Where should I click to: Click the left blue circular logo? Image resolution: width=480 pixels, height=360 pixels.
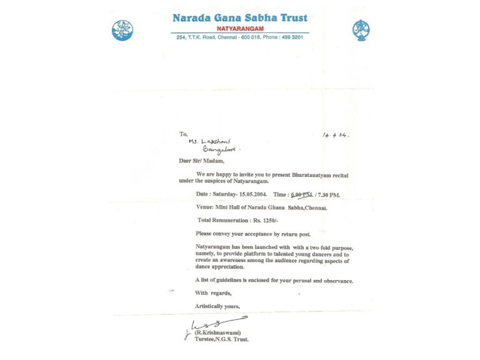[122, 29]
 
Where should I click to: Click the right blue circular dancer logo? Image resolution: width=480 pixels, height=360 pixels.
[361, 29]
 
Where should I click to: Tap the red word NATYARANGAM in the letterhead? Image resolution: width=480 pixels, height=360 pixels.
[241, 28]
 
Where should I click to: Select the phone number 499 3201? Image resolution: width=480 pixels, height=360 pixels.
[291, 37]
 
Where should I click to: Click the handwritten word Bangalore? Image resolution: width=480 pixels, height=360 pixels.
[221, 150]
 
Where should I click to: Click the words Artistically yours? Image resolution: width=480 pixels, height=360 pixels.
[217, 306]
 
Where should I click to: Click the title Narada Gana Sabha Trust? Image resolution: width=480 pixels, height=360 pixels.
[241, 17]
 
